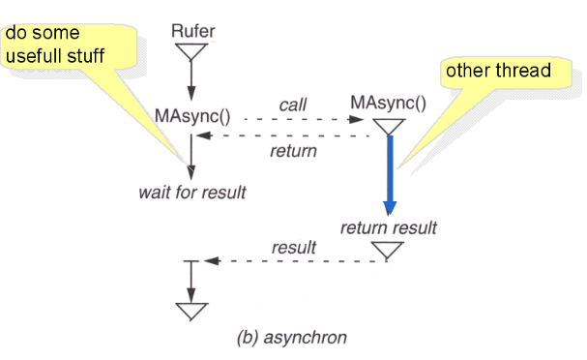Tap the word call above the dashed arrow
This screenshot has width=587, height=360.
coord(293,104)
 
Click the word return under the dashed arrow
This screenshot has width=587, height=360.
coord(293,151)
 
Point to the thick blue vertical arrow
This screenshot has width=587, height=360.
coord(390,174)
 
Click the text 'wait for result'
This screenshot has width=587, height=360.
coord(191,192)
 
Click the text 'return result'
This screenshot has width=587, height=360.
coord(389,228)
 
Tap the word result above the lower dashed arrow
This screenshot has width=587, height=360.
coord(294,248)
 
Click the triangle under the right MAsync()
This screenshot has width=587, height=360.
coord(389,126)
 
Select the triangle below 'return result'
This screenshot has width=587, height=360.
coord(389,252)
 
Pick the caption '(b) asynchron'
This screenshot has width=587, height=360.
coord(291,338)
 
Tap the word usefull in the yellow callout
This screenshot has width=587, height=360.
coord(42,55)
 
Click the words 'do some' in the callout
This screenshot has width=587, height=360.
coord(40,34)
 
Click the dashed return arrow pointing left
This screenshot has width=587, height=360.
coord(290,136)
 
